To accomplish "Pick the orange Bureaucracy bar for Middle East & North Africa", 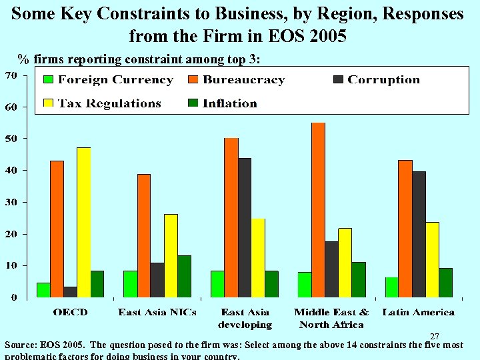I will [x=318, y=210].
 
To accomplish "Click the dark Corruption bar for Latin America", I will [x=419, y=234].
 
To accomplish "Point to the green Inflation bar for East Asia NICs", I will [x=184, y=276].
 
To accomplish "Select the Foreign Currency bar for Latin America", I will [x=392, y=287].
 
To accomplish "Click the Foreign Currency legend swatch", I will [x=48, y=80].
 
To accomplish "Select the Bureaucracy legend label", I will [x=243, y=80].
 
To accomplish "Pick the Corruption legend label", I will [x=383, y=80].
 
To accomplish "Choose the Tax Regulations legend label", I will [x=109, y=103].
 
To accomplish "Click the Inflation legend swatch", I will [x=193, y=103].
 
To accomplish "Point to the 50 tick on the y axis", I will [x=12, y=139].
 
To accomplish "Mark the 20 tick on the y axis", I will [x=12, y=234].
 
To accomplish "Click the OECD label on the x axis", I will [x=70, y=312].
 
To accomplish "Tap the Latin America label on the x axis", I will [x=419, y=312].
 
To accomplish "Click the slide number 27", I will [x=435, y=337].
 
